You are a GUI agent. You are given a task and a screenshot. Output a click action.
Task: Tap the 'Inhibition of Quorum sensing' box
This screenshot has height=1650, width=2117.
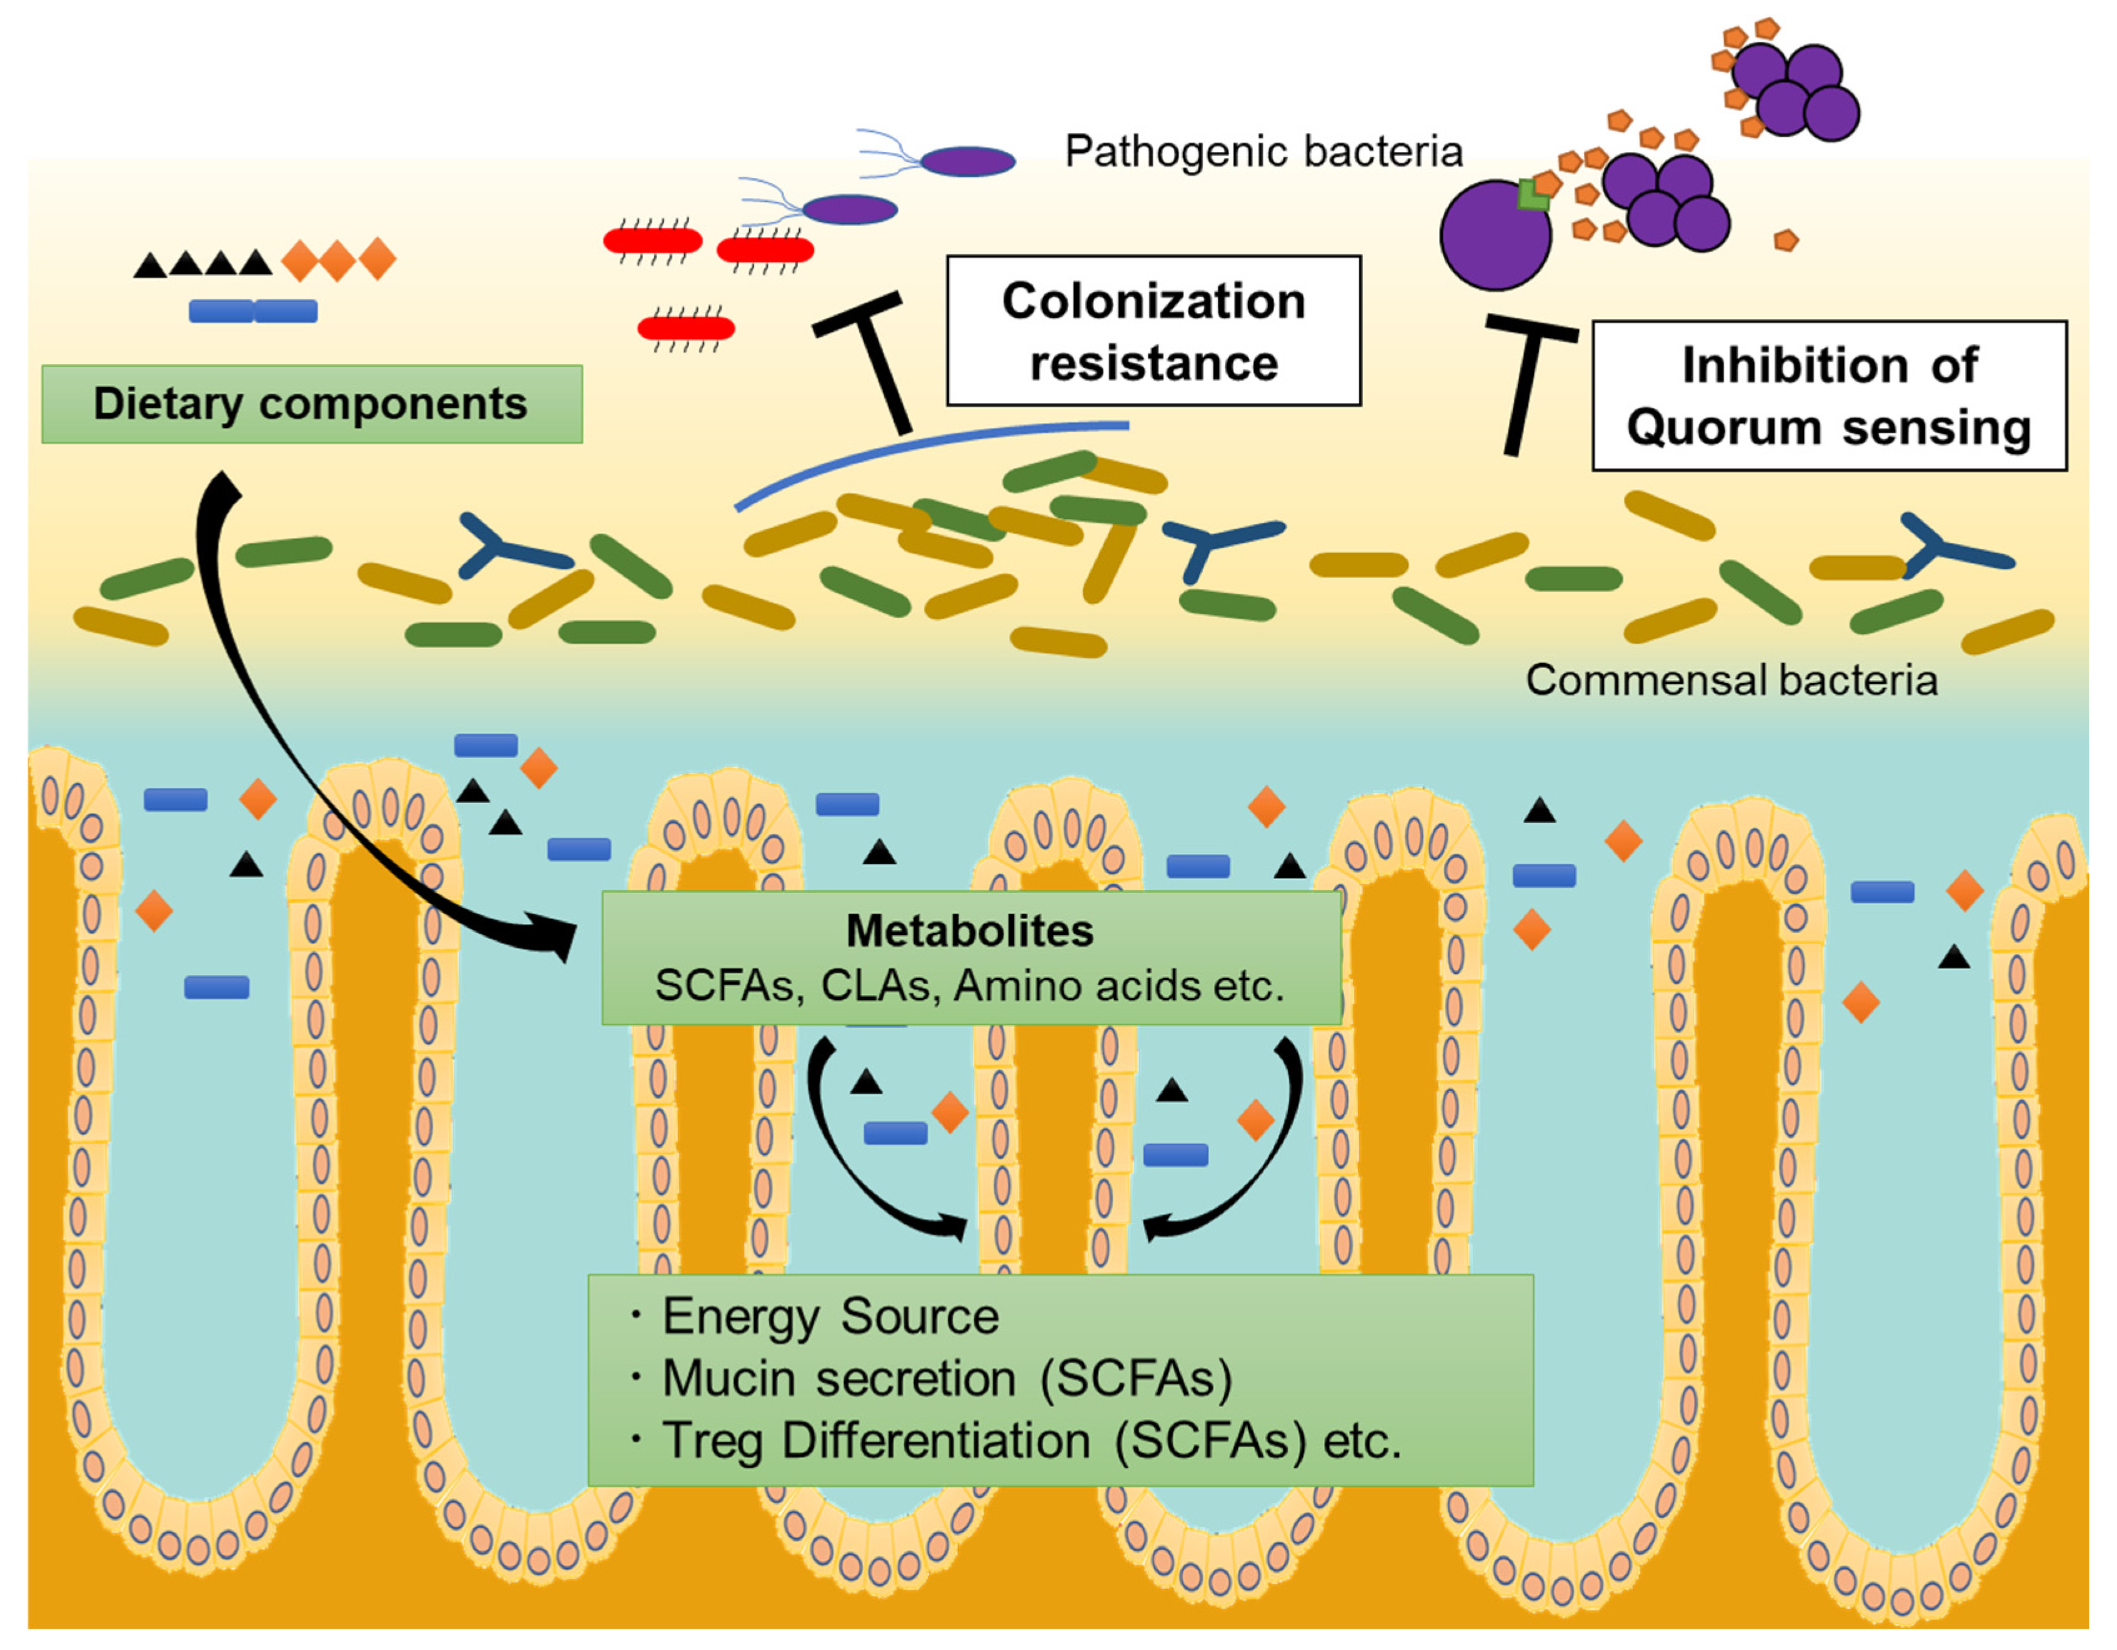pyautogui.click(x=1828, y=395)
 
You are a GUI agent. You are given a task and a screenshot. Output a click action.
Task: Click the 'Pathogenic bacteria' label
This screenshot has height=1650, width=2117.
pyautogui.click(x=1262, y=151)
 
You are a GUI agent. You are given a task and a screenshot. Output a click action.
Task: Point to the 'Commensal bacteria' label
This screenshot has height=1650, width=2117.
pyautogui.click(x=1730, y=680)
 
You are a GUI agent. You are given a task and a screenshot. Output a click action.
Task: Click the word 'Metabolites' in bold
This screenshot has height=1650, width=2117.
pyautogui.click(x=969, y=931)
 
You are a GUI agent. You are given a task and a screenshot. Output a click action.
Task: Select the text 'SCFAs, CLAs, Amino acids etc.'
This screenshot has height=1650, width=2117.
pyautogui.click(x=969, y=986)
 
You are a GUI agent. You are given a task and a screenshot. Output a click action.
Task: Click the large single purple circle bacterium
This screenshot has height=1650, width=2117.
pyautogui.click(x=1493, y=237)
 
